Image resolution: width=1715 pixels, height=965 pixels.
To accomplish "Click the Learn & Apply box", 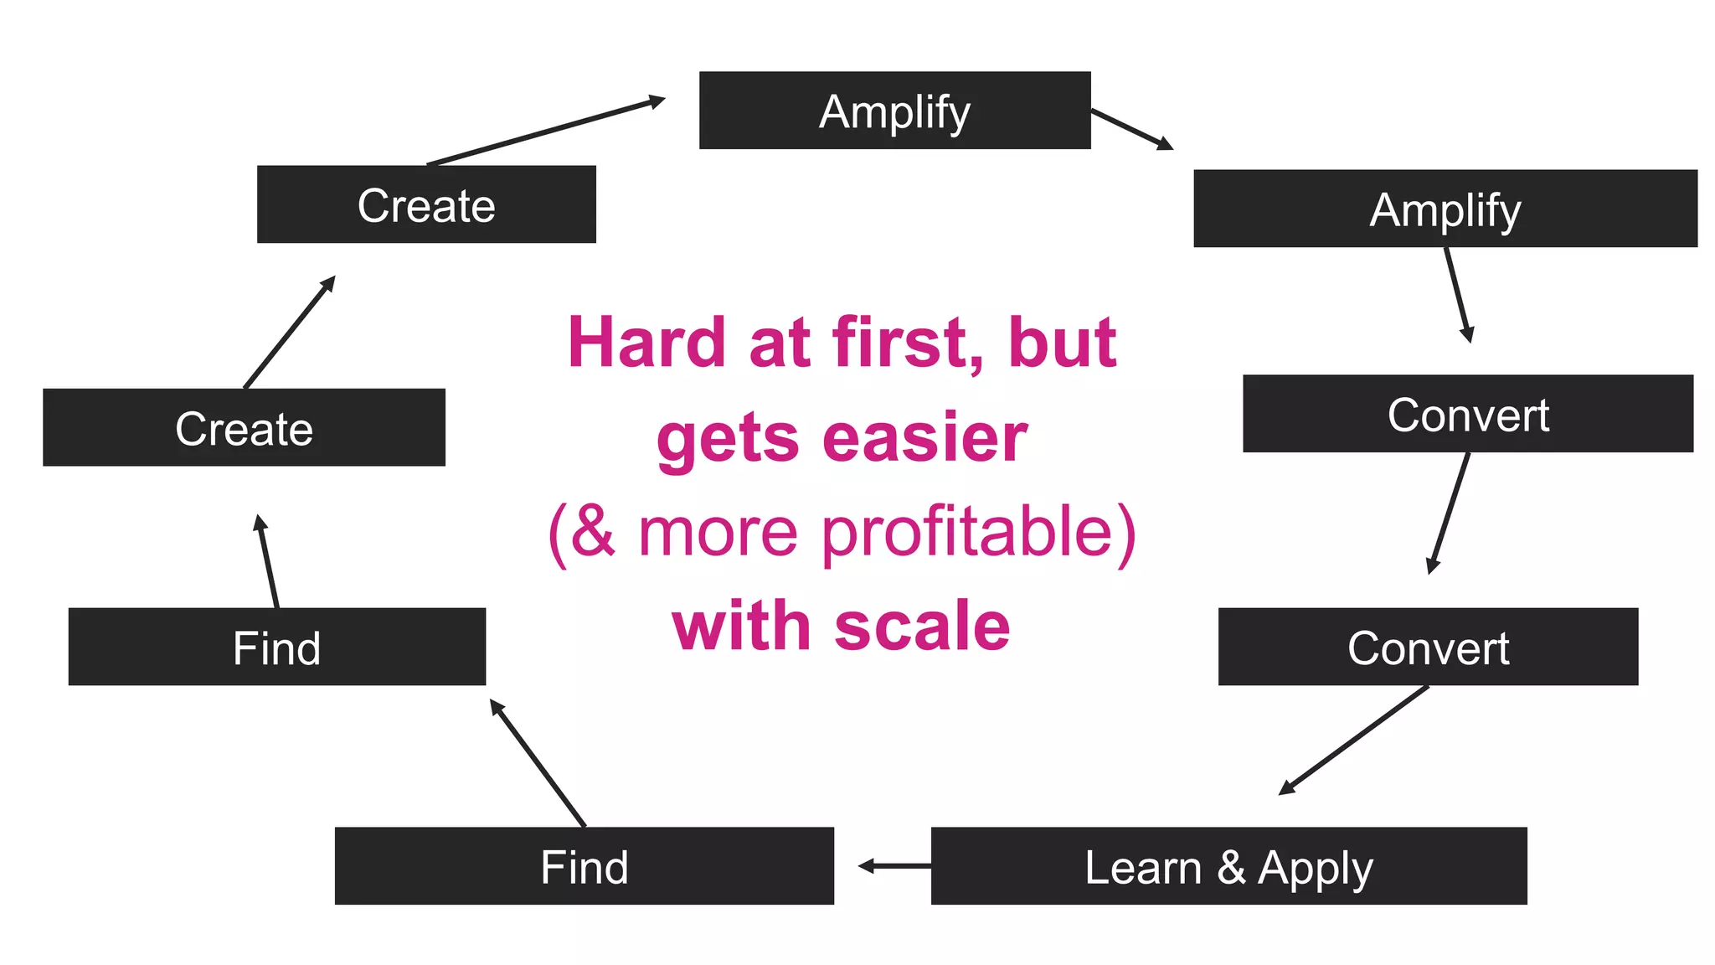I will pos(1228,865).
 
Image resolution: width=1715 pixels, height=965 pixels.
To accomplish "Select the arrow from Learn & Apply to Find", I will pos(894,865).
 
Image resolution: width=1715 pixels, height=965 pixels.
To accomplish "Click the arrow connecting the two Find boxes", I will pos(538,762).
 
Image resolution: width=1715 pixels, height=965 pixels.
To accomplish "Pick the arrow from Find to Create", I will pos(268,561).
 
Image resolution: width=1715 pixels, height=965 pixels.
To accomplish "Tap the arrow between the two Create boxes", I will pos(289,333).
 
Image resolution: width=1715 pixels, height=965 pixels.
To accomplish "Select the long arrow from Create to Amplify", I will pos(544,132).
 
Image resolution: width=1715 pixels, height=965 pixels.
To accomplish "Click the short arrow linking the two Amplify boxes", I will pos(1131,129).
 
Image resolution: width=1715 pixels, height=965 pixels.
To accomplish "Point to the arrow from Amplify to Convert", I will pos(1458,294).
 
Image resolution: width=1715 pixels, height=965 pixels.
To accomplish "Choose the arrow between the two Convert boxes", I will pos(1449,513).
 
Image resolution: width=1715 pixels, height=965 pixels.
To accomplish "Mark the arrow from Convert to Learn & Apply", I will pos(1354,740).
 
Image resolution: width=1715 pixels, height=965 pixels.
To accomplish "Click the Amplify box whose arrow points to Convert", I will pos(1445,209).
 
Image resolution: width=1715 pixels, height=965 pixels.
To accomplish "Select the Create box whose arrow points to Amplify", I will pos(426,204).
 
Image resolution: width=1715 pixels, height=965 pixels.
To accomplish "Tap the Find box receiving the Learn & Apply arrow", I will pos(584,865).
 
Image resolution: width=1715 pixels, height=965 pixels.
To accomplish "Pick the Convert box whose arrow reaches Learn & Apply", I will pos(1428,647).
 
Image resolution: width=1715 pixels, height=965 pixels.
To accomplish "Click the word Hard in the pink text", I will pos(646,343).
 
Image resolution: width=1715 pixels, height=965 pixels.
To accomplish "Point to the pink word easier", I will pos(924,438).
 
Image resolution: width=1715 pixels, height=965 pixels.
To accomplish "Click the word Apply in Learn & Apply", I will pos(1315,868).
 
